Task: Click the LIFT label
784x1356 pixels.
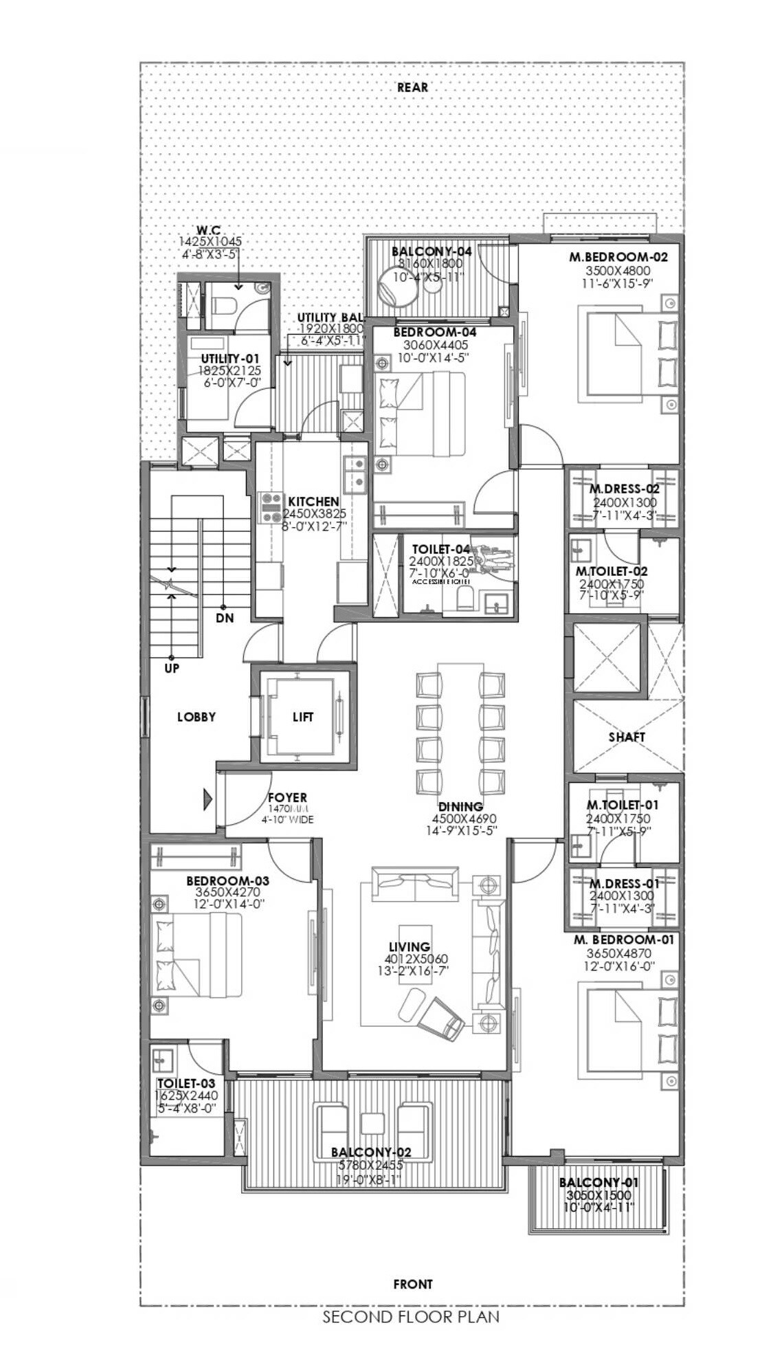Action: click(303, 717)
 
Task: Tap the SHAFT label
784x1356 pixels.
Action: click(627, 737)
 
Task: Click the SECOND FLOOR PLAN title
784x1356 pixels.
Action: click(411, 1317)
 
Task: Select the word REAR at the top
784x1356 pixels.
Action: click(412, 87)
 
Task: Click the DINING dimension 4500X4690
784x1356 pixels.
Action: click(464, 819)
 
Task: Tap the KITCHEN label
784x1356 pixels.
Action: click(313, 502)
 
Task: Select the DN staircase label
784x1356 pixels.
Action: click(225, 617)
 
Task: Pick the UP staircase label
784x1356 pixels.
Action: click(172, 667)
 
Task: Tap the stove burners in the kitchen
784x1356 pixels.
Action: click(270, 507)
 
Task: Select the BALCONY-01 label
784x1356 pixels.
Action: click(598, 1183)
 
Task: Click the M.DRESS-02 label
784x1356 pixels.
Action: click(624, 489)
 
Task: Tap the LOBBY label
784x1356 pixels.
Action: click(197, 717)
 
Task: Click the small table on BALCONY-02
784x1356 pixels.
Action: click(372, 1123)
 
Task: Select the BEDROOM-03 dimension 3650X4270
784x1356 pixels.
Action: click(227, 892)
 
